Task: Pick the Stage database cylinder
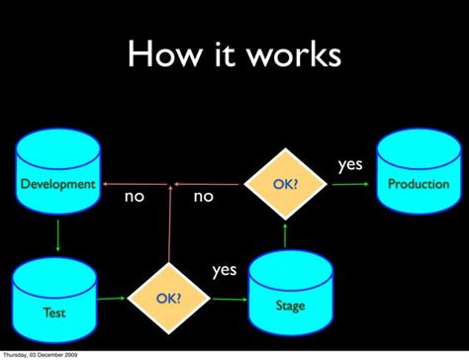(x=290, y=294)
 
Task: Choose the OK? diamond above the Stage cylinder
(x=286, y=184)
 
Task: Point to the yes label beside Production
(x=350, y=165)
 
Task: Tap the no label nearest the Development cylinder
(x=134, y=197)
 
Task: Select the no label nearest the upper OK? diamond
(x=203, y=197)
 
